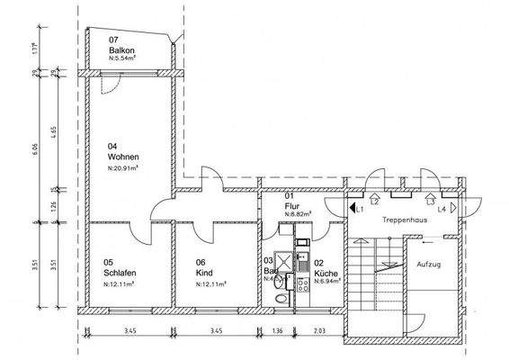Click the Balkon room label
pyautogui.click(x=122, y=51)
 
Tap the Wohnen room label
pyautogui.click(x=125, y=157)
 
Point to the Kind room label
pyautogui.click(x=203, y=274)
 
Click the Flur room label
pyautogui.click(x=291, y=205)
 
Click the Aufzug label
pyautogui.click(x=429, y=265)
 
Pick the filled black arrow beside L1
pyautogui.click(x=352, y=207)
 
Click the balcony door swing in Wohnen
pyautogui.click(x=110, y=85)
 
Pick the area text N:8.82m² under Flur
pyautogui.click(x=297, y=214)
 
